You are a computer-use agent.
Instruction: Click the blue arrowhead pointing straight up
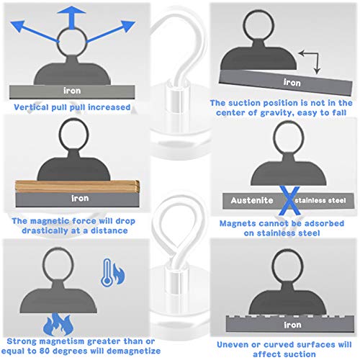tap(71, 10)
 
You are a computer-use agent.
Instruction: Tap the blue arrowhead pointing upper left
tap(17, 26)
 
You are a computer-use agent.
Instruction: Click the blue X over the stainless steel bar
tap(289, 200)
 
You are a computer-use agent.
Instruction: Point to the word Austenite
tap(252, 200)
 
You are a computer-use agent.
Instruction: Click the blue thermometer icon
tap(107, 273)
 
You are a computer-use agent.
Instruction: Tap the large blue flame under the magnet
tap(58, 325)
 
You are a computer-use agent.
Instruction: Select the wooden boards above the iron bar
tap(77, 186)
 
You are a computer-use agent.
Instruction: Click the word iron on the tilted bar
tap(292, 83)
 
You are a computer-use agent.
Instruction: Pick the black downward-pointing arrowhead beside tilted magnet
tap(317, 71)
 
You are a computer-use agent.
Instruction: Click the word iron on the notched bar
tap(292, 325)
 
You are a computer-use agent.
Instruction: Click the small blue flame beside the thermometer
tap(119, 274)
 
